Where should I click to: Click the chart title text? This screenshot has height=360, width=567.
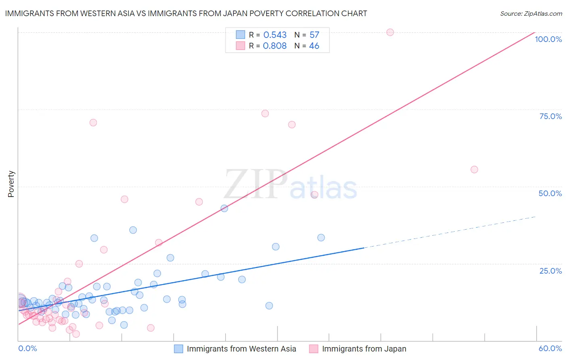click(186, 13)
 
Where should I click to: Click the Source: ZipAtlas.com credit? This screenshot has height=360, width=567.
click(531, 13)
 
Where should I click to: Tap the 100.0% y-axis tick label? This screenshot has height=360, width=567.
click(548, 39)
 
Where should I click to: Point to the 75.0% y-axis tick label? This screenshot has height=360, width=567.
click(550, 116)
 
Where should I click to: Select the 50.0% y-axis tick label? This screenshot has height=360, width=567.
click(550, 193)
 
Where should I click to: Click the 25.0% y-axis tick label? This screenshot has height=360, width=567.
click(550, 271)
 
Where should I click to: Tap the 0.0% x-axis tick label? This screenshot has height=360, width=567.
click(27, 348)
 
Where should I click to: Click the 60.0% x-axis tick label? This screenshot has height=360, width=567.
click(550, 348)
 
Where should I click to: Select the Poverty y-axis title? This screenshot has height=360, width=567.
click(11, 184)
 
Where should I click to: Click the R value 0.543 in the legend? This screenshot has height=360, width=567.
click(275, 35)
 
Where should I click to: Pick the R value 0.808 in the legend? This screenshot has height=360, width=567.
click(275, 46)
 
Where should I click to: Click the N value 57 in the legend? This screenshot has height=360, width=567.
click(314, 35)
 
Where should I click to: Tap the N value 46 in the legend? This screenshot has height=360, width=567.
click(314, 46)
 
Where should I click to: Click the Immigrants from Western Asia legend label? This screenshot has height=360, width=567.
click(241, 349)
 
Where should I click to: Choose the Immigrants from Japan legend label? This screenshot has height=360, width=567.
click(364, 349)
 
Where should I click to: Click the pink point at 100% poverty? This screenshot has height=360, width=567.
click(390, 32)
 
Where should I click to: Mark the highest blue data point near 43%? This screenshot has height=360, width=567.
click(224, 208)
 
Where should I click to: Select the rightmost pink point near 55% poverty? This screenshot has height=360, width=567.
click(474, 170)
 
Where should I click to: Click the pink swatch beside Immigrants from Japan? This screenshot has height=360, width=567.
click(313, 349)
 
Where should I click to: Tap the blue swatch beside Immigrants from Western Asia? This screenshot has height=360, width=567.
click(178, 349)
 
